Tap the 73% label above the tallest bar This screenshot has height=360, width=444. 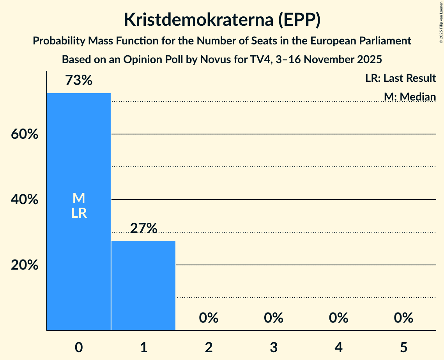[x=79, y=81]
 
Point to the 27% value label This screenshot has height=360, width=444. [x=143, y=228]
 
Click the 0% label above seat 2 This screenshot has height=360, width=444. [x=209, y=318]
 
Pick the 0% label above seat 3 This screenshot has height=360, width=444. [x=273, y=318]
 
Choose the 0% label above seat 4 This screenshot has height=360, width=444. [x=338, y=318]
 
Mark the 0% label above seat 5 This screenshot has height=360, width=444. [x=403, y=318]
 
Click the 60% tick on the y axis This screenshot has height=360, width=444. [x=24, y=134]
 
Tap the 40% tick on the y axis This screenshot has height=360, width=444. [x=24, y=200]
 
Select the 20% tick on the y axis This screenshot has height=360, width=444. [x=24, y=265]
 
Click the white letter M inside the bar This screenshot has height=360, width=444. [x=79, y=198]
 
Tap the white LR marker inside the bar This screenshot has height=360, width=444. [x=79, y=213]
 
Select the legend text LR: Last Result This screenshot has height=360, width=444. [x=400, y=78]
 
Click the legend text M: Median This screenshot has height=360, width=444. [x=410, y=97]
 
